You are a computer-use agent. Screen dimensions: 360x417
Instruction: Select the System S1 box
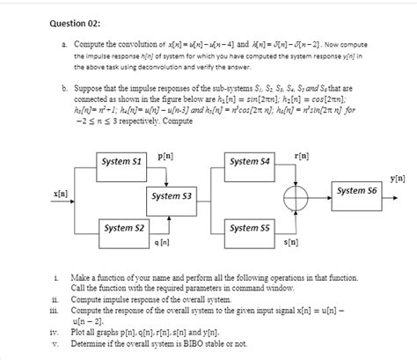pyautogui.click(x=122, y=163)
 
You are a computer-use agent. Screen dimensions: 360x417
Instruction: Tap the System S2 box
pyautogui.click(x=122, y=229)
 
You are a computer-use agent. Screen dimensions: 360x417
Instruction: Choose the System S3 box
pyautogui.click(x=172, y=195)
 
